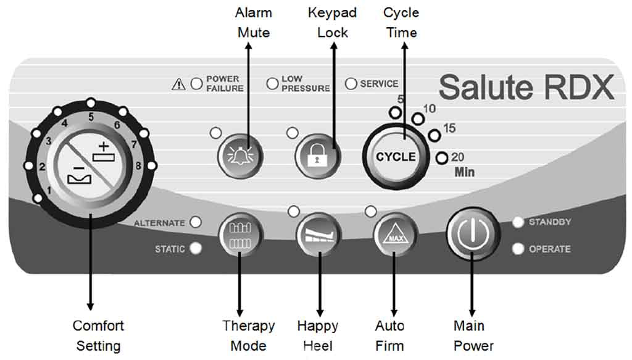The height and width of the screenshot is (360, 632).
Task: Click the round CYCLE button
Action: point(396,156)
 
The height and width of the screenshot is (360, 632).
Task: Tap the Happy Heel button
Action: point(319,235)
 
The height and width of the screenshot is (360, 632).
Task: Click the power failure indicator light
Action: point(197,84)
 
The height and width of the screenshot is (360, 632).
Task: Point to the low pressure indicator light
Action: point(272,84)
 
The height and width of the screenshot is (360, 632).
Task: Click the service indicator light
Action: point(351,83)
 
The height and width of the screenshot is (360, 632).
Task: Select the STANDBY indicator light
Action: point(518,222)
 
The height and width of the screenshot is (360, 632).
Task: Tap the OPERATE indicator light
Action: point(518,249)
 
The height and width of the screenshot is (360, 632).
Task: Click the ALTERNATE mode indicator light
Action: point(196,222)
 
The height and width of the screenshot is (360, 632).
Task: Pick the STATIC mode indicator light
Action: point(196,249)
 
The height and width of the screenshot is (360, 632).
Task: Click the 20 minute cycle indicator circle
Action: point(441,158)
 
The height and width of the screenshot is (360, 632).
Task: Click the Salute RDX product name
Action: point(526,88)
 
